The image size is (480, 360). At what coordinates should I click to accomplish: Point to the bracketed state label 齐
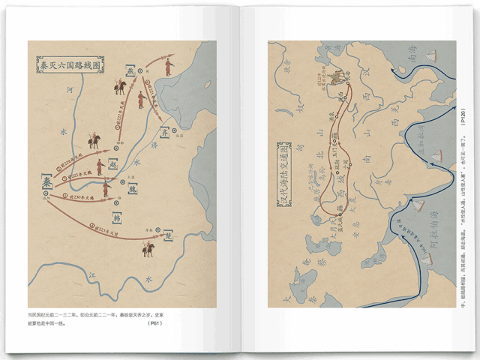(164, 133)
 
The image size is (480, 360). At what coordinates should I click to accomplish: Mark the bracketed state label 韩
(118, 218)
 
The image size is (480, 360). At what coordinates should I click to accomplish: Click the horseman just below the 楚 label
(149, 248)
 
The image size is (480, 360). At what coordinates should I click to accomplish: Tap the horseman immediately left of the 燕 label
(118, 87)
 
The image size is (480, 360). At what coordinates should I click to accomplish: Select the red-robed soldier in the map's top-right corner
(169, 67)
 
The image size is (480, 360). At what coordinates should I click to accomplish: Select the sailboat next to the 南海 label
(430, 55)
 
